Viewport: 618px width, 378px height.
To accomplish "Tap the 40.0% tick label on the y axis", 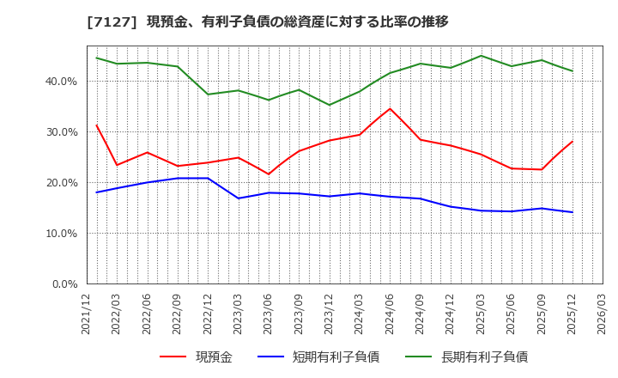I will (61, 82).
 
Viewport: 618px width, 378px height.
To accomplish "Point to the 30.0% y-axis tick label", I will (61, 132).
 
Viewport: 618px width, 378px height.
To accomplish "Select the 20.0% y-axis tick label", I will (61, 183).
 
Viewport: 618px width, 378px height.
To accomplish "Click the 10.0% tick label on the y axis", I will (61, 234).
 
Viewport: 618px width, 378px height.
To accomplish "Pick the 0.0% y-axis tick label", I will (64, 283).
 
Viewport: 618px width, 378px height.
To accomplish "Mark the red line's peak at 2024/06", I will (390, 108).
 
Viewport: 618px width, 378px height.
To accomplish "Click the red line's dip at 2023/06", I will (269, 174).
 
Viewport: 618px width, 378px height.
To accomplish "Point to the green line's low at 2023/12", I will (330, 105).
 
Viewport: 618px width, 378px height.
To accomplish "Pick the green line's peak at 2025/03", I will (481, 56).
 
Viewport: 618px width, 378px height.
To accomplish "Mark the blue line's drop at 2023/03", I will (239, 198).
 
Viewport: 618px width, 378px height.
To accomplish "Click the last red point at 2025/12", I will (572, 142).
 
